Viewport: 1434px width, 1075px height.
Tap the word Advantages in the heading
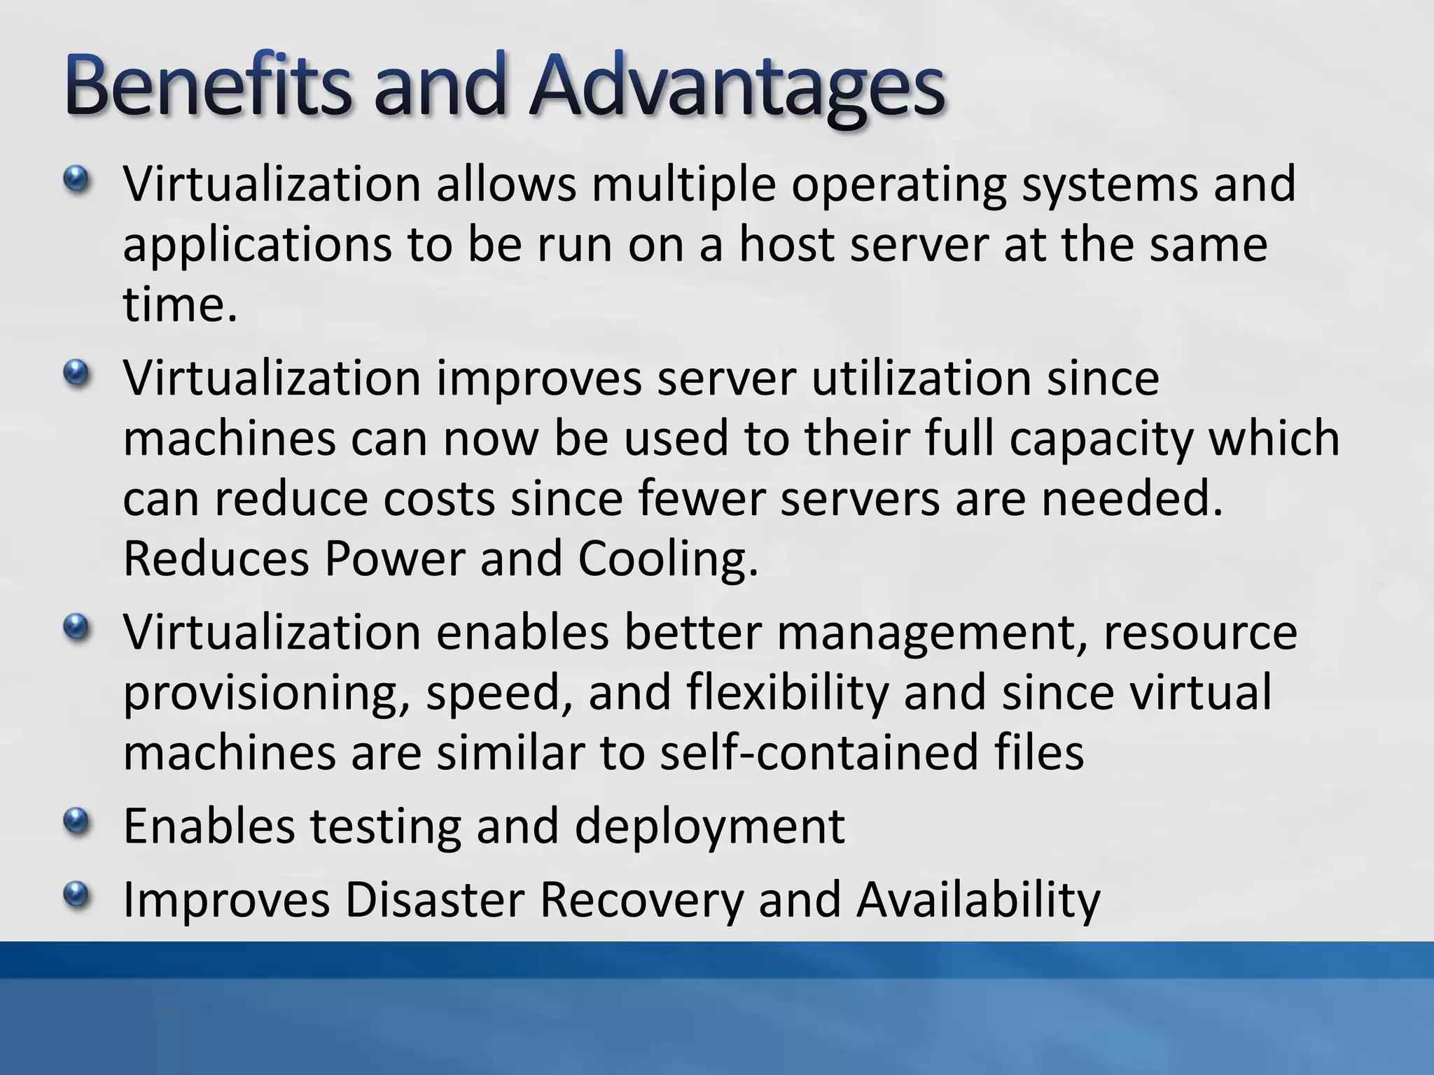click(x=737, y=90)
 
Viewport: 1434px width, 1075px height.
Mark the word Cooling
click(x=669, y=561)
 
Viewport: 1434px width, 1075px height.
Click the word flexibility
click(x=787, y=693)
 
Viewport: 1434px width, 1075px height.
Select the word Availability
click(x=978, y=901)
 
